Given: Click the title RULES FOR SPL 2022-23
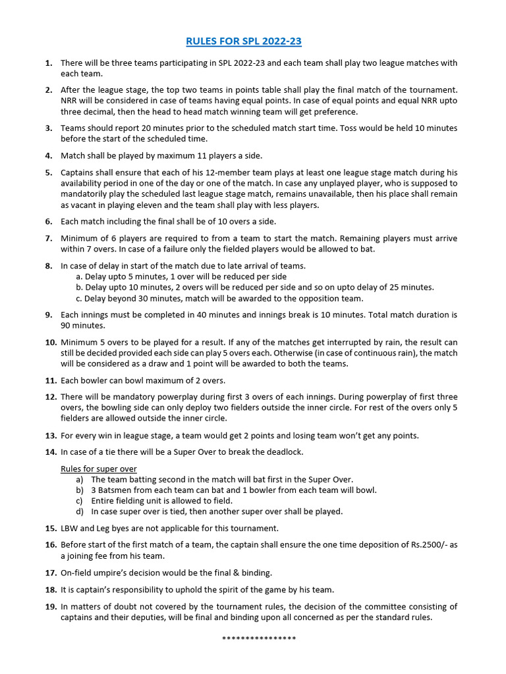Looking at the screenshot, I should (244, 41).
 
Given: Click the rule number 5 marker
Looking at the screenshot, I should (49, 172).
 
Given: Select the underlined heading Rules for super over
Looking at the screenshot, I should (99, 469).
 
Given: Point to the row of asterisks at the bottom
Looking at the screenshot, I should (259, 638).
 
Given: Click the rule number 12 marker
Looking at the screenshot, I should (51, 397).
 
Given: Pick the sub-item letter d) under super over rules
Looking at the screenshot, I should (80, 511).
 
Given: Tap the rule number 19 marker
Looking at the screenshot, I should (51, 606).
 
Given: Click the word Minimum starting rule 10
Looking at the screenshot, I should (81, 342).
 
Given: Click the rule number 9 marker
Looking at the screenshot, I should (49, 315).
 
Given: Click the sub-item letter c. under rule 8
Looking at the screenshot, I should (79, 298).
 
